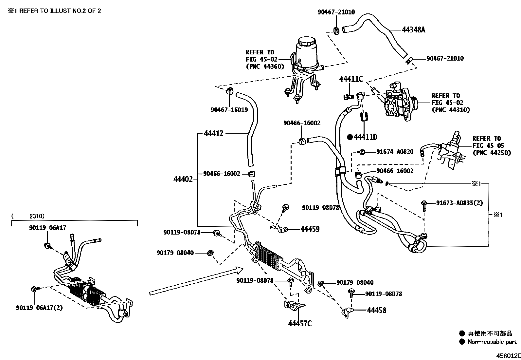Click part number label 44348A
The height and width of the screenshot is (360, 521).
tap(413, 30)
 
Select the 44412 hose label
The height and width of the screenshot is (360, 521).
tap(213, 133)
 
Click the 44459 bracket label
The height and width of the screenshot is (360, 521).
tap(310, 229)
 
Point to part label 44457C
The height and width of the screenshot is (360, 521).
tap(299, 324)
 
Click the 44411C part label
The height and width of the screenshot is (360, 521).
tap(351, 79)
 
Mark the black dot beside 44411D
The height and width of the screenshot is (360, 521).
tap(350, 137)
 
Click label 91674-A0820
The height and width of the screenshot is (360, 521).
tap(395, 152)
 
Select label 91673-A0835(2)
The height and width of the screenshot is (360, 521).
tap(459, 203)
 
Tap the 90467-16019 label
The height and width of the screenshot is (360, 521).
tap(229, 110)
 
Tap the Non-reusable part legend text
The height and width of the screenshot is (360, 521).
tap(492, 342)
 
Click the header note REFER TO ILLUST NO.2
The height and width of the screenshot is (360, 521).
tap(54, 10)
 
